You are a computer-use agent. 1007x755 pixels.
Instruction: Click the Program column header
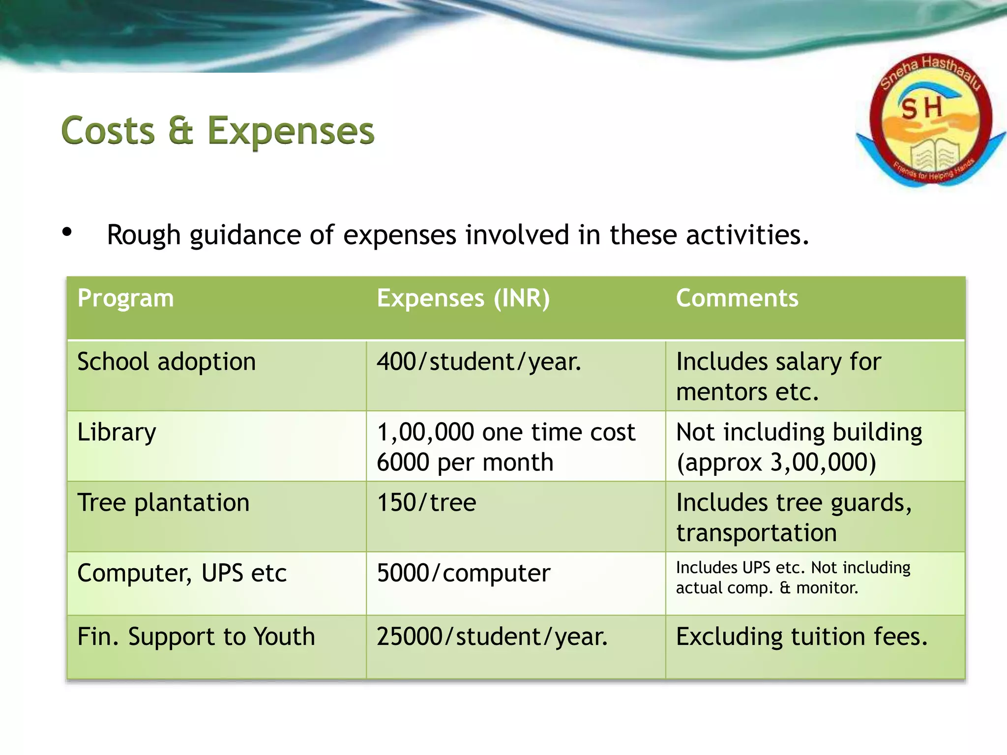[x=126, y=298]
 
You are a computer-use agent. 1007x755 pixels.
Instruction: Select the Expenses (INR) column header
[x=463, y=298]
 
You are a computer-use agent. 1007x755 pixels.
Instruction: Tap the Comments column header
[x=737, y=298]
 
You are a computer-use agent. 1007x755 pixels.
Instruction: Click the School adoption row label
[x=167, y=362]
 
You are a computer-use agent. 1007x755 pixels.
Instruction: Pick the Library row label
[x=117, y=433]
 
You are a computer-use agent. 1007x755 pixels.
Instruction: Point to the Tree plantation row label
[x=163, y=503]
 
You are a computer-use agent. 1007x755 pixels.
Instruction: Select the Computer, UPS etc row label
[x=182, y=573]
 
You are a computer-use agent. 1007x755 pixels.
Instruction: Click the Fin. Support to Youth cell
[x=196, y=637]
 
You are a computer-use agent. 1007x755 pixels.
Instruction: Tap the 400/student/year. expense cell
[x=479, y=362]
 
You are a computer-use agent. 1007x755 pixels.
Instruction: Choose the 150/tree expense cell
[x=427, y=503]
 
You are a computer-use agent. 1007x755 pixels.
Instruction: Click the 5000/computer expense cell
[x=464, y=573]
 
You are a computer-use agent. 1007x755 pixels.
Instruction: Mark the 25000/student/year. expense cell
[x=492, y=637]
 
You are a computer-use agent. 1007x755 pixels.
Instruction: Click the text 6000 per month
[x=465, y=463]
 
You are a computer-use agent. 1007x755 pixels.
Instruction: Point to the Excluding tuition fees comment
[x=801, y=637]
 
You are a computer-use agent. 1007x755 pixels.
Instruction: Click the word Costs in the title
[x=108, y=131]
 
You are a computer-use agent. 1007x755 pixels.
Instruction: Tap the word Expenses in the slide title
[x=291, y=131]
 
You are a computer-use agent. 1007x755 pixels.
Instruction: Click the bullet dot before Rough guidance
[x=67, y=232]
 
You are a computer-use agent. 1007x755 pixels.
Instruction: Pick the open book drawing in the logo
[x=931, y=155]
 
